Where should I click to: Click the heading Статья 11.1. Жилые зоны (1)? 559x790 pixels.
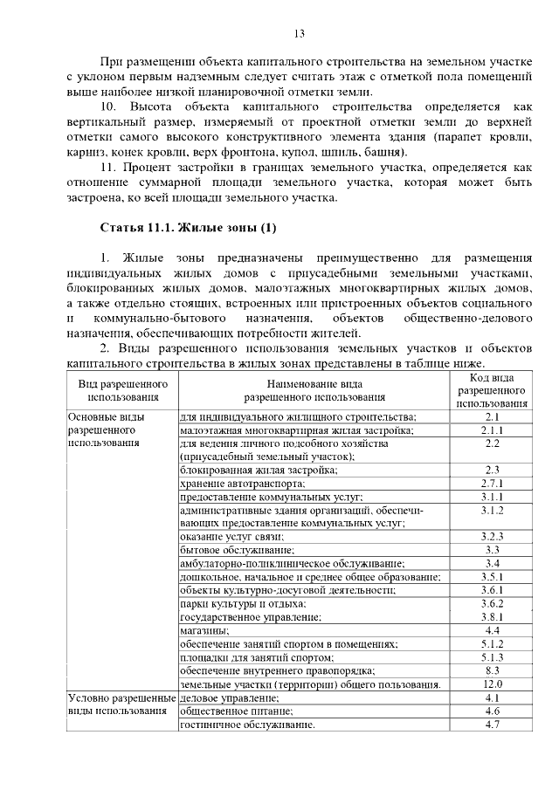[x=189, y=229]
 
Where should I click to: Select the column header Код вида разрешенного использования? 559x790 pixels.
[x=492, y=390]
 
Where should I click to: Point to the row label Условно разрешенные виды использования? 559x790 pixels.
[x=121, y=704]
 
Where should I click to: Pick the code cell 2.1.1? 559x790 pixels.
[x=492, y=429]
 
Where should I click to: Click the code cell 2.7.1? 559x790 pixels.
[x=492, y=483]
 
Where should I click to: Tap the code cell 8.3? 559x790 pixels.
[x=492, y=670]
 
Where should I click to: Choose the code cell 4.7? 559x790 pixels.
[x=492, y=725]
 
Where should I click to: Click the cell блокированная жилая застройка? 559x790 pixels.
[x=259, y=470]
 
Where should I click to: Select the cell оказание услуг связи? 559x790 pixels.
[x=233, y=537]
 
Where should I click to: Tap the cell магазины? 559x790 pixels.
[x=204, y=630]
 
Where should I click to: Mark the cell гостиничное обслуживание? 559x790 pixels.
[x=246, y=725]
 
